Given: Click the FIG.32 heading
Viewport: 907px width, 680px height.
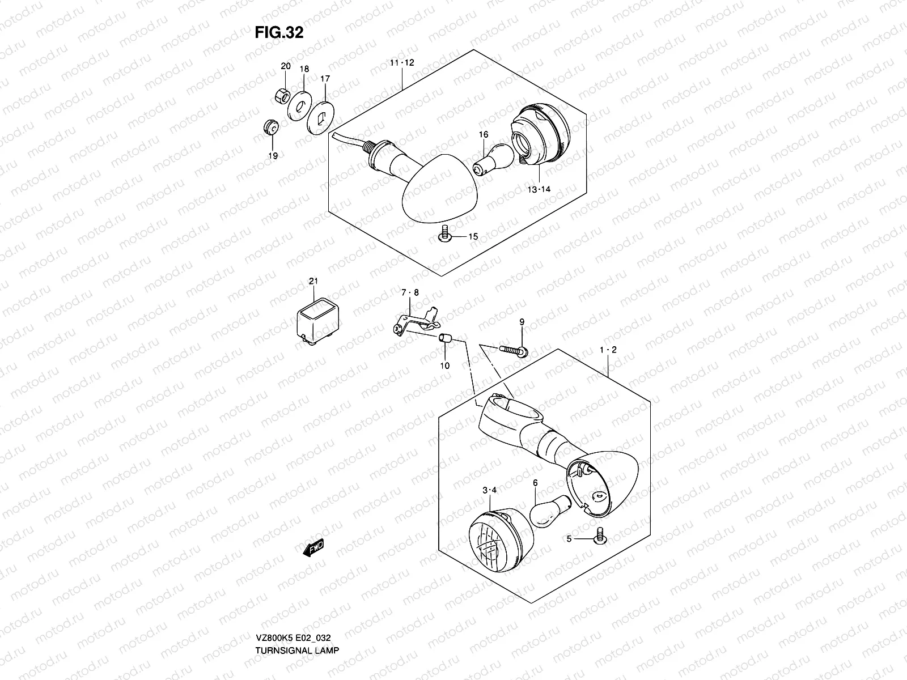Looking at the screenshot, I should coord(279,33).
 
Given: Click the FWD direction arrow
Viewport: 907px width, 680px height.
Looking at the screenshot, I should coord(313,548).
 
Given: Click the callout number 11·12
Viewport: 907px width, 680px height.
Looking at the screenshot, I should coord(401,63).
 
